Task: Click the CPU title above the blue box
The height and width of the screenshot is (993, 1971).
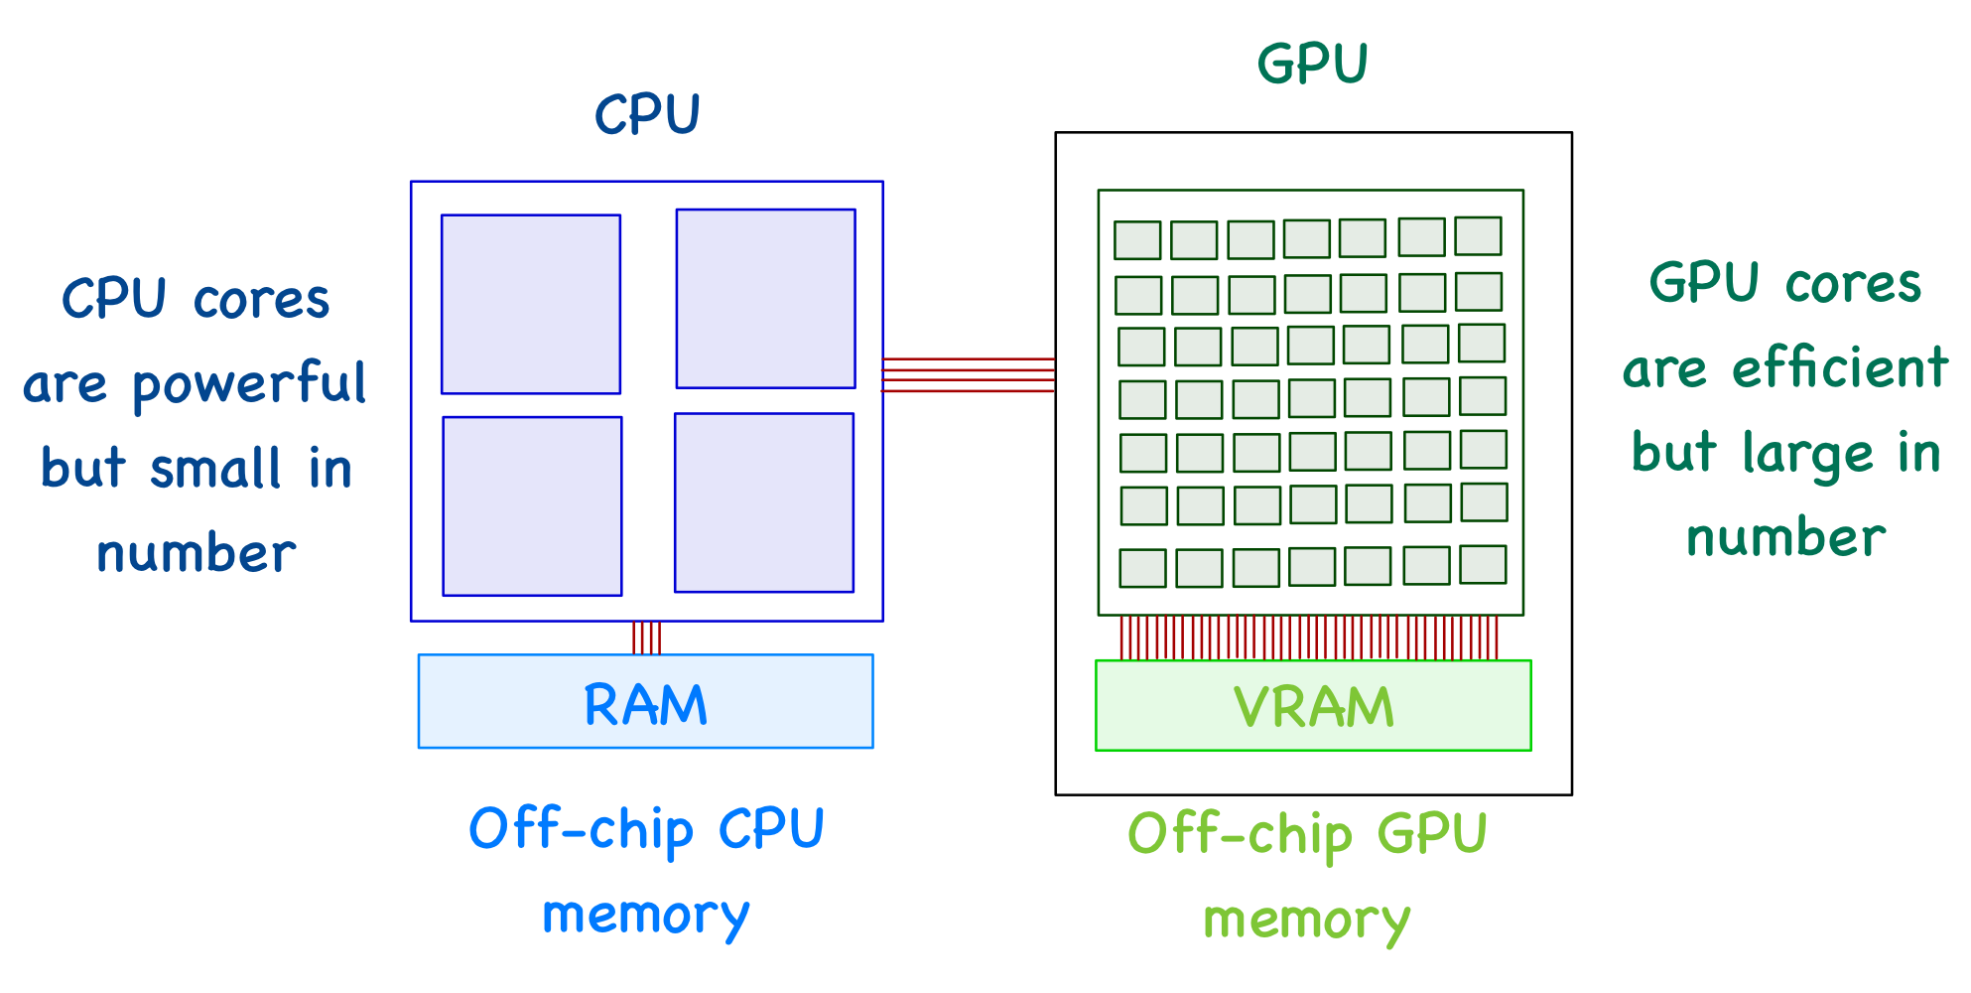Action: pos(647,114)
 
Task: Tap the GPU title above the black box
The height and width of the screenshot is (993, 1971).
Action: pos(1312,65)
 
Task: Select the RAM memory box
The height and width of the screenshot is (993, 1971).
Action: pos(645,702)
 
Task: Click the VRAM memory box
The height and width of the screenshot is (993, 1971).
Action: pos(1313,706)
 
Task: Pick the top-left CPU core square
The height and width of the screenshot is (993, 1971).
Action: pos(531,304)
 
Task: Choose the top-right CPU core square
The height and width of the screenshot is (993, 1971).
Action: pos(765,298)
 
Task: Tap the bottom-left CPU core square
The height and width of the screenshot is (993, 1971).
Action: pos(532,506)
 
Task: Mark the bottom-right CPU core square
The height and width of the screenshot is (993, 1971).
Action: pos(764,502)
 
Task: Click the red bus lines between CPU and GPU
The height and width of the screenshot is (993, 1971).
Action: pos(969,375)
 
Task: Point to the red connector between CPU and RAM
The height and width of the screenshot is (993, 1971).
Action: pos(646,638)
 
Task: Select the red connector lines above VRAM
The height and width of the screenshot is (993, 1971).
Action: pos(1308,638)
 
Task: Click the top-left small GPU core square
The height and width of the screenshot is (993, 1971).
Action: pos(1137,240)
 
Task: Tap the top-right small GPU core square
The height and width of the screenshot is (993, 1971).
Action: pos(1478,236)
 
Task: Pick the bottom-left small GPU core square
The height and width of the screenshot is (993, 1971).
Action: pos(1142,568)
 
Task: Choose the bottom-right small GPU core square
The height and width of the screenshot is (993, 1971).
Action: pos(1483,564)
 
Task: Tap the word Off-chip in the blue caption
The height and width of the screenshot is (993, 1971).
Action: pos(581,829)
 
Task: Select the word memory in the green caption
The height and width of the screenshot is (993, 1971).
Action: pos(1306,921)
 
